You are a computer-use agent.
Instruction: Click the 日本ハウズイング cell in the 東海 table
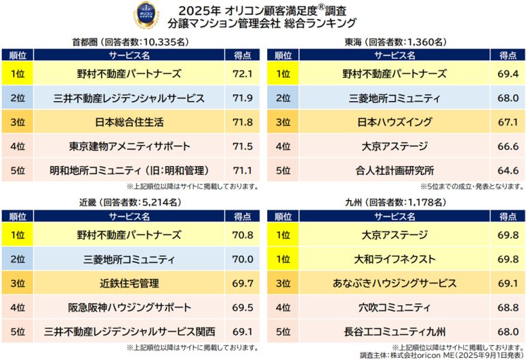point(395,122)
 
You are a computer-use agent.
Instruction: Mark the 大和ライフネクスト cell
point(395,259)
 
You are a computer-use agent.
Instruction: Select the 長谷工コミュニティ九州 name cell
point(395,332)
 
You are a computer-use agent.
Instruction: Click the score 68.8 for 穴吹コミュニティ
point(507,307)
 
